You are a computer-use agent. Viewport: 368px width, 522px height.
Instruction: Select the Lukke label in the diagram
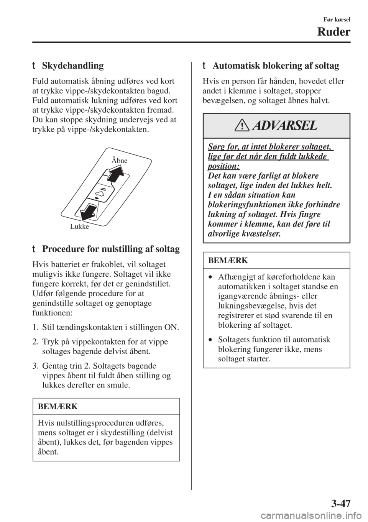click(80, 227)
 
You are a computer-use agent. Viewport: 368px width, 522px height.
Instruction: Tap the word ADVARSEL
click(291, 126)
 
